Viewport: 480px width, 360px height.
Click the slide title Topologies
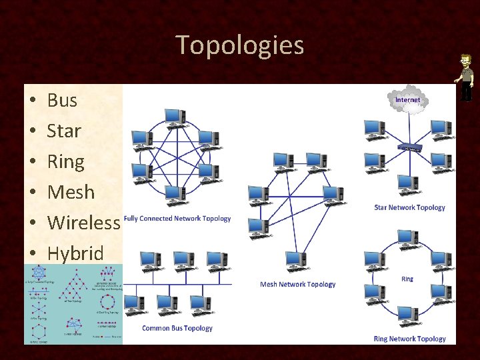[240, 45]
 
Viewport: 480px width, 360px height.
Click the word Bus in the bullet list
[62, 101]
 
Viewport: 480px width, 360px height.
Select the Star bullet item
[64, 131]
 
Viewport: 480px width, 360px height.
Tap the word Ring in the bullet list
[65, 162]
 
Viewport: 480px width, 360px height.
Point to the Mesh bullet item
[71, 193]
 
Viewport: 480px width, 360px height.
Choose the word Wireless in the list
[83, 223]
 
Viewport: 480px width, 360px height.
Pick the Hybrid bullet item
[75, 253]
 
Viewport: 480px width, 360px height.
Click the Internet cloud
[407, 101]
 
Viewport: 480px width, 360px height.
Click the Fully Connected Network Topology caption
[177, 219]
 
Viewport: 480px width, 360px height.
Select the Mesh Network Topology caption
[297, 284]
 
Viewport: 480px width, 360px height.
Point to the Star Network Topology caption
[409, 207]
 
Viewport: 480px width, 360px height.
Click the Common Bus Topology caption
[177, 328]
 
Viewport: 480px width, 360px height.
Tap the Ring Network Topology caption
[409, 339]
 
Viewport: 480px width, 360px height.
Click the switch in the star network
[409, 147]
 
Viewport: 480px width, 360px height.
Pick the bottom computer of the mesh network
[295, 261]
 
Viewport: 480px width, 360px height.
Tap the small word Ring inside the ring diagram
[407, 279]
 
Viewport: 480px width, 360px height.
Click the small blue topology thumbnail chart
[73, 304]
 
